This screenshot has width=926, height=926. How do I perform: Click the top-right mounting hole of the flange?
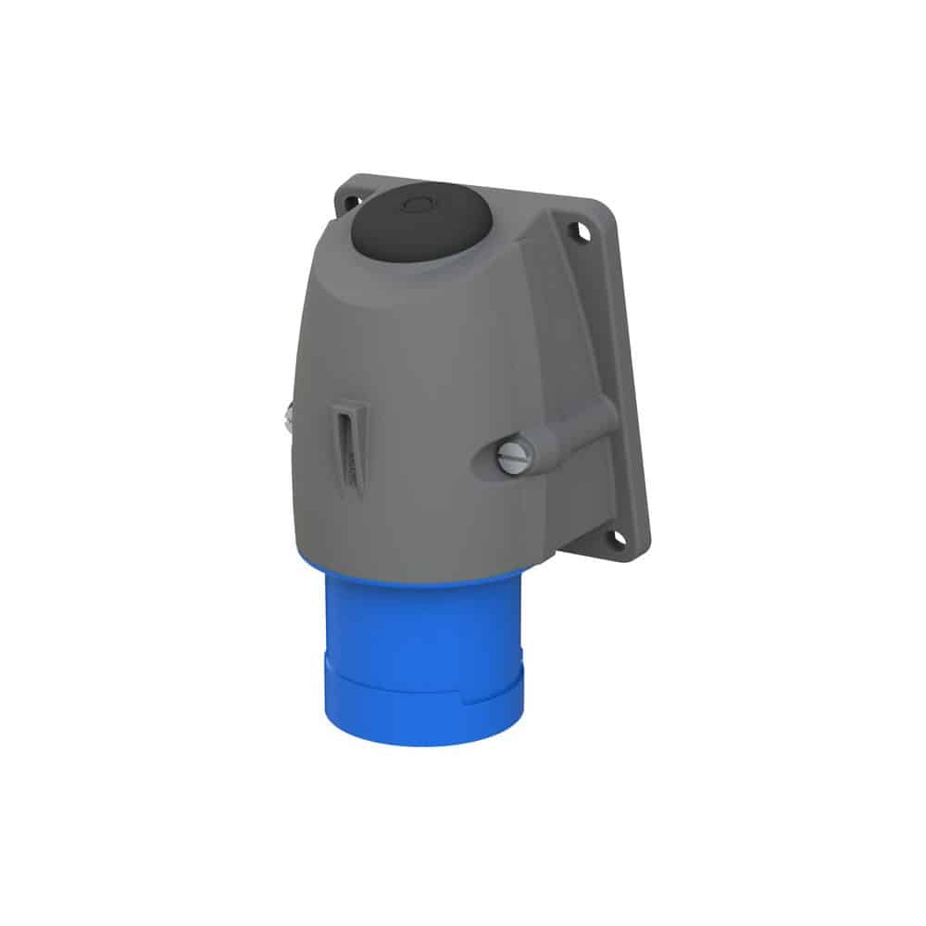pyautogui.click(x=582, y=233)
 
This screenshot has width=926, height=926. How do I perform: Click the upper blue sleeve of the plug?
pyautogui.click(x=421, y=616)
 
